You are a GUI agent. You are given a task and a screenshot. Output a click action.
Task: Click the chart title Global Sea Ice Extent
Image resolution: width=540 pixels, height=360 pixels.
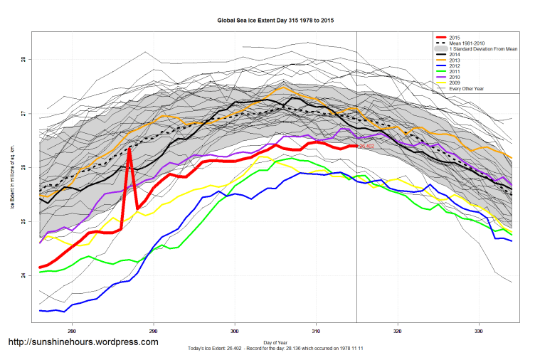[x=275, y=21]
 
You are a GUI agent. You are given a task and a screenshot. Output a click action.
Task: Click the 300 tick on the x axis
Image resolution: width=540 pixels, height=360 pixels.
[x=235, y=332]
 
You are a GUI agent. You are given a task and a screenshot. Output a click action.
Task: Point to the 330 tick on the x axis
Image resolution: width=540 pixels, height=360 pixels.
[x=480, y=332]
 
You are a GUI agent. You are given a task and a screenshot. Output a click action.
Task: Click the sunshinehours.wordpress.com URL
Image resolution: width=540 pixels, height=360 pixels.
[x=83, y=343]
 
